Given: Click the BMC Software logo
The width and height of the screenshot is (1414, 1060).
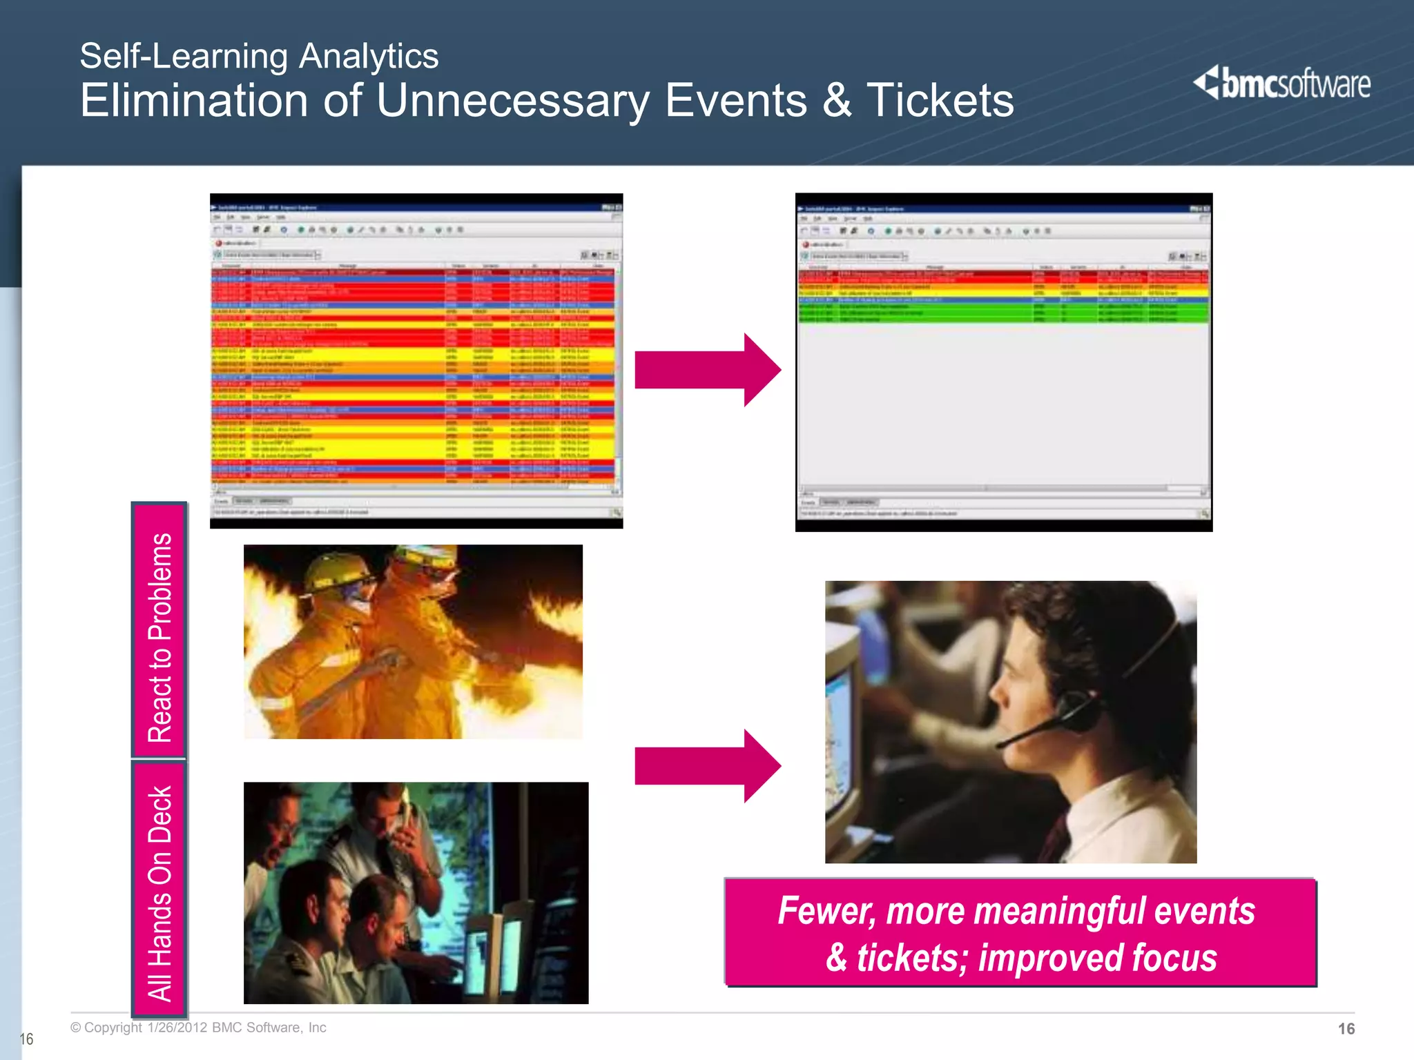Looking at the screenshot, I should point(1281,84).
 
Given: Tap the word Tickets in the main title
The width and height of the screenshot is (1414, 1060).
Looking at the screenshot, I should point(940,101).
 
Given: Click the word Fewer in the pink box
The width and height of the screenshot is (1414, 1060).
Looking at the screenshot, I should point(826,911).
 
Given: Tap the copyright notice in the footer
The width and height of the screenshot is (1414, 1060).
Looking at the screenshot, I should point(198,1028).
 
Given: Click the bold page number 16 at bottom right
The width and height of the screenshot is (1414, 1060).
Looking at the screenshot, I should point(1346,1029).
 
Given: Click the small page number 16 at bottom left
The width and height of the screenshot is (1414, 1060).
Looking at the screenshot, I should point(26,1039).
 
